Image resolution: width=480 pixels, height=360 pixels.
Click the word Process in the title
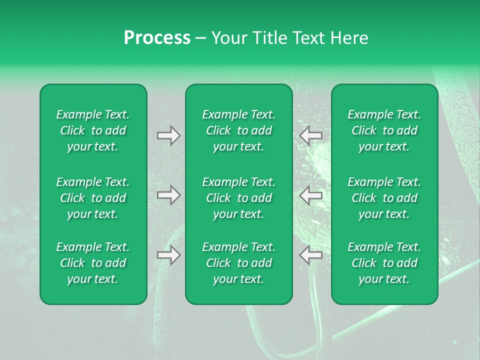pyautogui.click(x=157, y=38)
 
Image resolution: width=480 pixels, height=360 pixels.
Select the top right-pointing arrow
pyautogui.click(x=169, y=135)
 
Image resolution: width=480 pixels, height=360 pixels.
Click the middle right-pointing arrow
pyautogui.click(x=169, y=195)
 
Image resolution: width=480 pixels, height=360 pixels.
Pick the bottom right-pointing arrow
pyautogui.click(x=169, y=255)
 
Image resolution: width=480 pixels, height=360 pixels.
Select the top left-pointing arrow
pyautogui.click(x=310, y=135)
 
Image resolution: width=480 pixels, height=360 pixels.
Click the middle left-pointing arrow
pyautogui.click(x=310, y=195)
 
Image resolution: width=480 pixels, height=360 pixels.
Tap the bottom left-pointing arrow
pyautogui.click(x=310, y=255)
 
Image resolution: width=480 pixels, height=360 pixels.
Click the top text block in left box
pyautogui.click(x=93, y=130)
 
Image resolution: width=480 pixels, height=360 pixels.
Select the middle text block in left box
pyautogui.click(x=93, y=198)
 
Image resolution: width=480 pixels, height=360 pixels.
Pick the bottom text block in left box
pyautogui.click(x=93, y=263)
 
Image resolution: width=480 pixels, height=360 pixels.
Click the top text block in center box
pyautogui.click(x=239, y=130)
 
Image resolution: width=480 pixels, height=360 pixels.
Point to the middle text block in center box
pyautogui.click(x=239, y=198)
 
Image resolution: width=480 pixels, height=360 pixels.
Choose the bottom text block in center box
pyautogui.click(x=239, y=263)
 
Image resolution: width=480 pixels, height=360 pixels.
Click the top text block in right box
pyautogui.click(x=384, y=130)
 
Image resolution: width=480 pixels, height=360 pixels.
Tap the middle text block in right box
pyautogui.click(x=384, y=198)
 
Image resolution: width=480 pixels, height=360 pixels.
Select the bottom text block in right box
pyautogui.click(x=384, y=263)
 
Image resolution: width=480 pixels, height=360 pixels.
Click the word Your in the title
pyautogui.click(x=228, y=38)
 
